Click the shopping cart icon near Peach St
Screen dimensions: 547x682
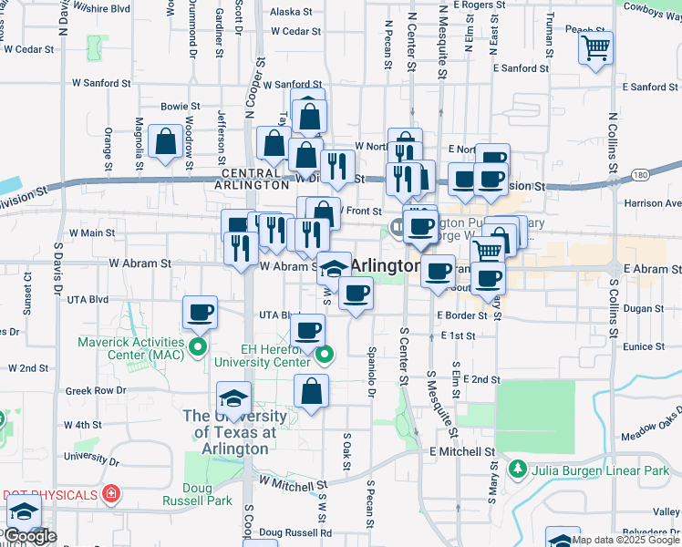595,47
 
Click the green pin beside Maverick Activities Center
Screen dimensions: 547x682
197,347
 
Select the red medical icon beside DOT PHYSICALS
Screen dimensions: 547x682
111,494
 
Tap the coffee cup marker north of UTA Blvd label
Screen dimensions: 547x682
200,313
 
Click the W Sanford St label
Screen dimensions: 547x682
102,83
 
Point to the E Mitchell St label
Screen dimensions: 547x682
462,451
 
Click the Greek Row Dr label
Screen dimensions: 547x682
95,391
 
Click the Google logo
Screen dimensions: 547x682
30,537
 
